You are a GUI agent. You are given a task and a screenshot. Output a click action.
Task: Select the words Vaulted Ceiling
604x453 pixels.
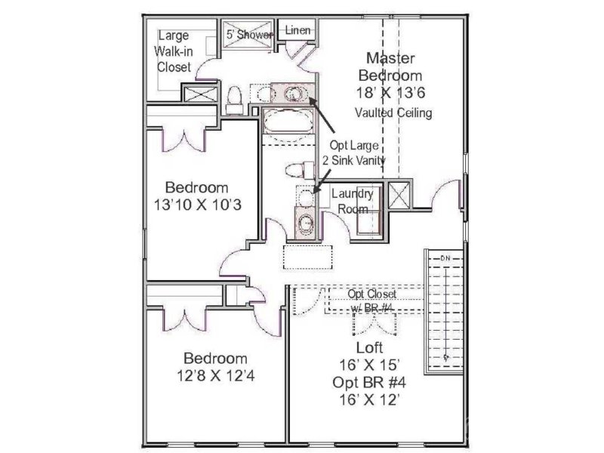393,113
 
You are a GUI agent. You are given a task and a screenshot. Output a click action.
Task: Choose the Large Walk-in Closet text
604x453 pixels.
173,51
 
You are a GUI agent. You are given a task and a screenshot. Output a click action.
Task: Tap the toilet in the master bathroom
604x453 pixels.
234,95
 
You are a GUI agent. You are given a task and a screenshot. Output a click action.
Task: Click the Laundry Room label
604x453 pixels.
352,200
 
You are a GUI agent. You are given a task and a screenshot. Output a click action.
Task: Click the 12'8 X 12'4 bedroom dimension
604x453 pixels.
216,376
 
